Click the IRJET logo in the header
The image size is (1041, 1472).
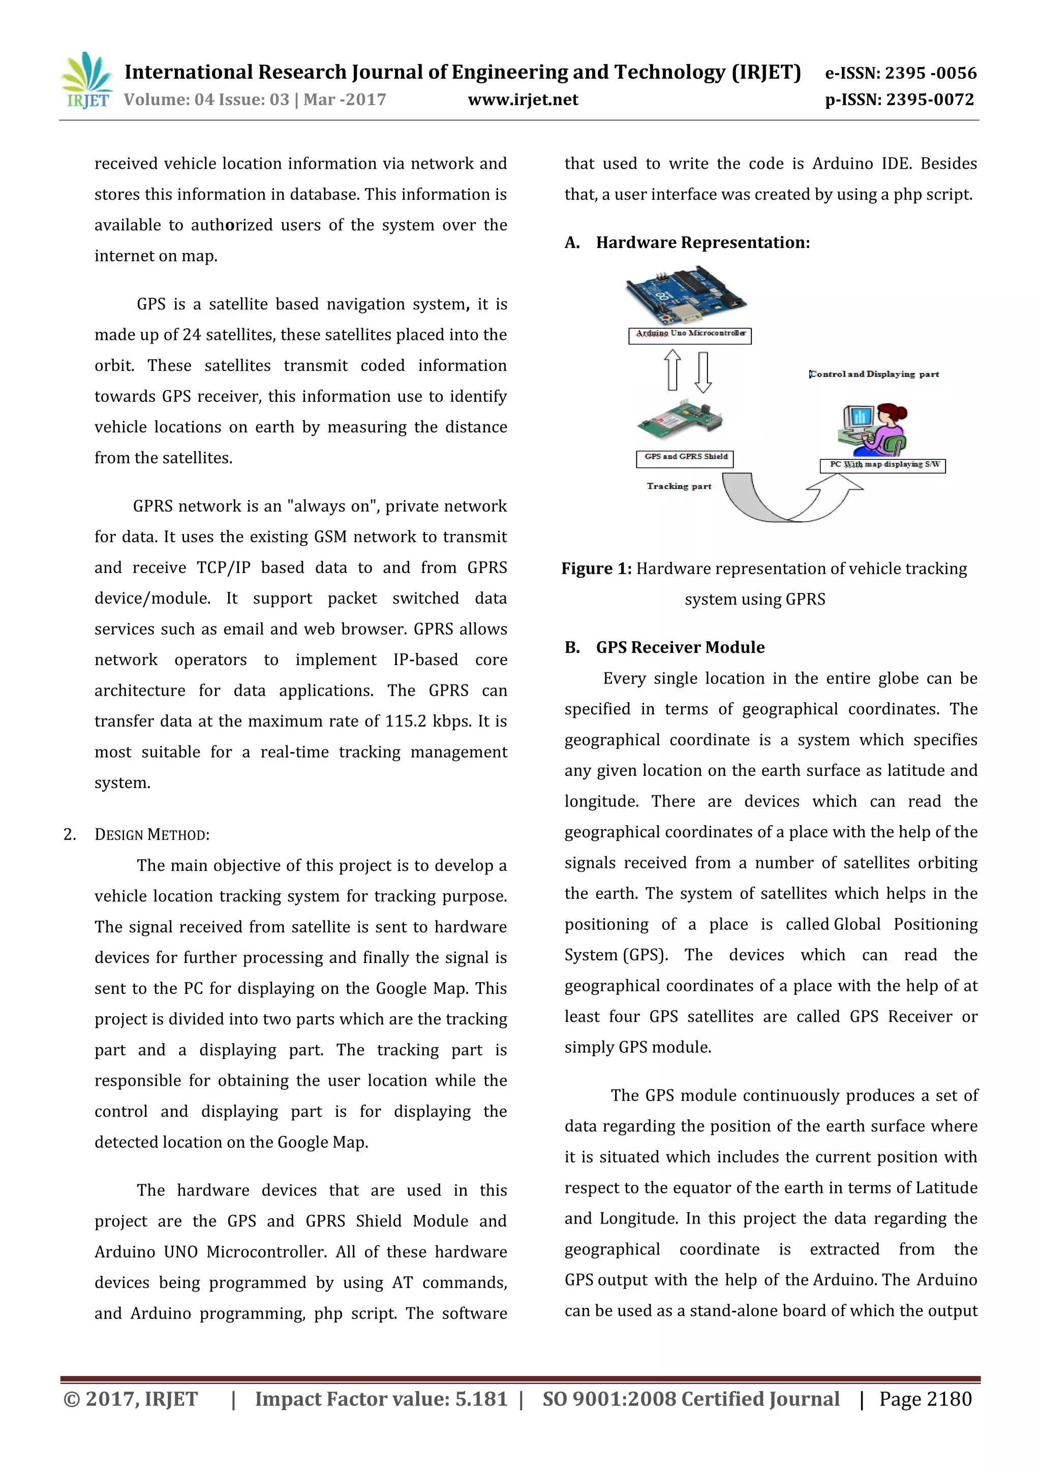[x=86, y=81]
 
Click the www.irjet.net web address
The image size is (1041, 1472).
[x=523, y=100]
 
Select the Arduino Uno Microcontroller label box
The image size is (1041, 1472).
[x=690, y=335]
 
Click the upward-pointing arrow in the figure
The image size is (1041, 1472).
[x=671, y=370]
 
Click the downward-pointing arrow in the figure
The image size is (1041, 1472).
[x=703, y=372]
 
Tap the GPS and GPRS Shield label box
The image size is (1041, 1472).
[x=685, y=458]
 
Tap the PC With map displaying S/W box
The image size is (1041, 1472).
[x=882, y=465]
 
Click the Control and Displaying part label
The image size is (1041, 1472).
[x=874, y=374]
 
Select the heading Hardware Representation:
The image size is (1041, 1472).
[x=702, y=242]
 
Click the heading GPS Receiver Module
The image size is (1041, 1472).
[x=680, y=647]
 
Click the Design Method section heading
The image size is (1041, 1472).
[x=151, y=835]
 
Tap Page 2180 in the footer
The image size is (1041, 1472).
[x=925, y=1398]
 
